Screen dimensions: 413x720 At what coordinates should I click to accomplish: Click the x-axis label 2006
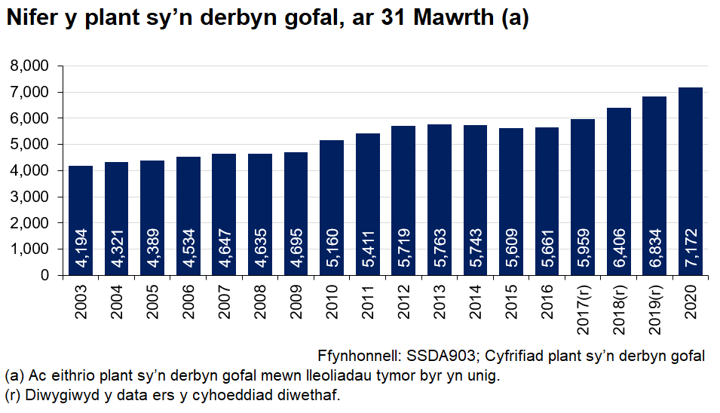coord(188,301)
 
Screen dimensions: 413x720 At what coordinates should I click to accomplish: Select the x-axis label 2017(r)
coord(583,307)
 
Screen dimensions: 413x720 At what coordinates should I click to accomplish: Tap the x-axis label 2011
coord(368,301)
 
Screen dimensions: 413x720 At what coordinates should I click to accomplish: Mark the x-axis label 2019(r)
coord(654,307)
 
